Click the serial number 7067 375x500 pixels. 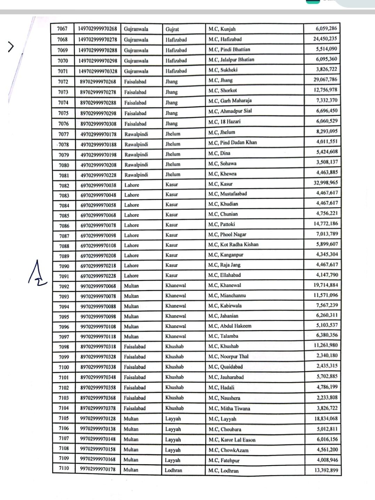pos(62,29)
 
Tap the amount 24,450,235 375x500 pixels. pos(325,39)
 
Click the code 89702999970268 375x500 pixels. pos(98,82)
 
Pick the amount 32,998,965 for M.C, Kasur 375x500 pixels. pos(325,183)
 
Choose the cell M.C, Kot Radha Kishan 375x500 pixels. pos(233,244)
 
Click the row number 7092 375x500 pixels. pos(64,287)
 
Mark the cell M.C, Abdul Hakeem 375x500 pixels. pos(229,326)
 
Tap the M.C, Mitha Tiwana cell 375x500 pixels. pos(229,409)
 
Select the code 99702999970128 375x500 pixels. pos(98,419)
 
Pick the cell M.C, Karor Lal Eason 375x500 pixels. pos(232,440)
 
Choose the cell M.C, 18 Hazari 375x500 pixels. pos(224,122)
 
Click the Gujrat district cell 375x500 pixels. pos(172,29)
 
